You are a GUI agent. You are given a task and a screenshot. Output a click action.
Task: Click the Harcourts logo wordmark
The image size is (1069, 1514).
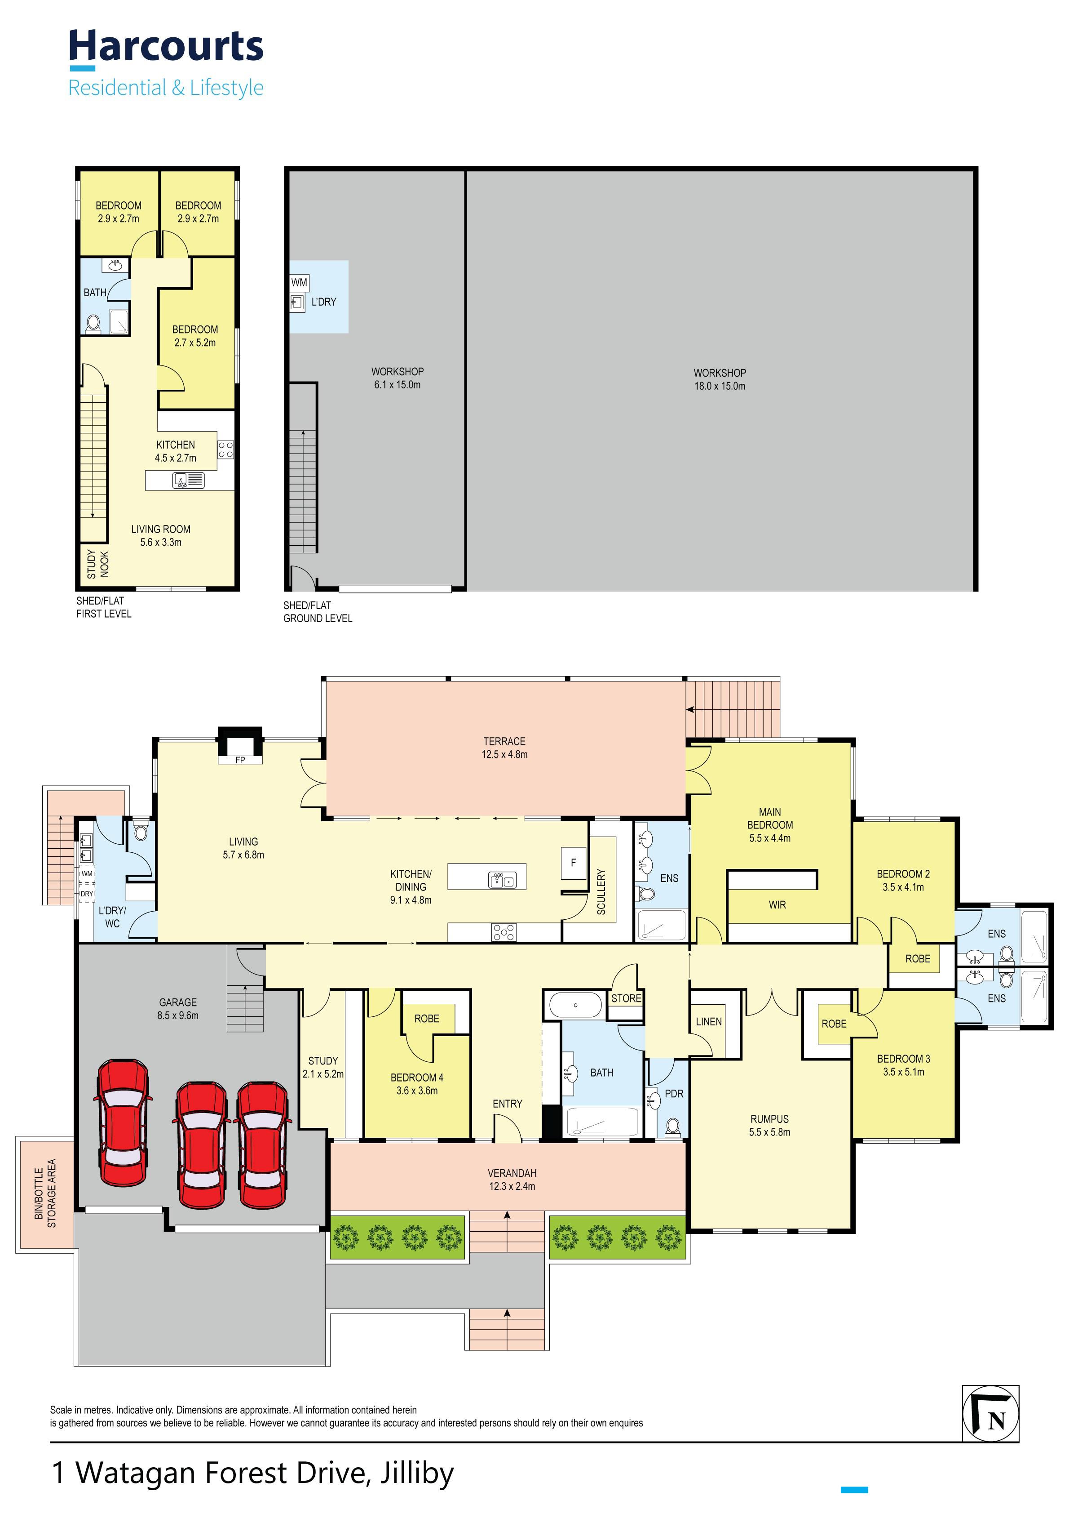(166, 47)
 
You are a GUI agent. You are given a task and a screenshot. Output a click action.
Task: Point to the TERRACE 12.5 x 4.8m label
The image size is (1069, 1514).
(505, 748)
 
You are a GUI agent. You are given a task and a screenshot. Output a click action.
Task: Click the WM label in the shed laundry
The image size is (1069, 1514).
(299, 282)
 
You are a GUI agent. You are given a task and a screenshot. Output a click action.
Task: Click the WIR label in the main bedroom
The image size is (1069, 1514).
(777, 905)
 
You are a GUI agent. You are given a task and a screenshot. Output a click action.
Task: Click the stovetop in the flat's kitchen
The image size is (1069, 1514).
(225, 450)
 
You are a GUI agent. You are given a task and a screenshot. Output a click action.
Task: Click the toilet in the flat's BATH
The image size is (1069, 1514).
(93, 323)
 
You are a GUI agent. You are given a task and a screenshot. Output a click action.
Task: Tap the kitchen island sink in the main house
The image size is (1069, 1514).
(502, 880)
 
